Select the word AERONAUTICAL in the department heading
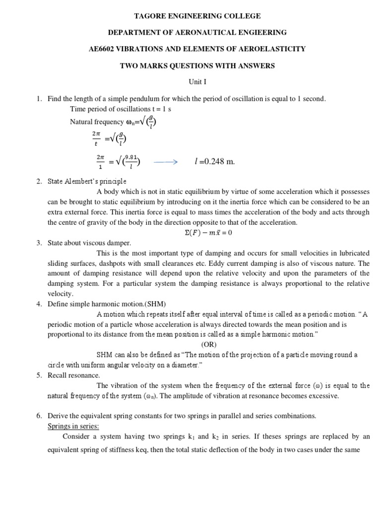tap(193, 32)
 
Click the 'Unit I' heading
tap(190, 81)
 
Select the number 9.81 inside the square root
tap(130, 158)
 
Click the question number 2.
tap(39, 181)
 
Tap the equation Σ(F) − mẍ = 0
tap(205, 232)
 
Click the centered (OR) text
tap(209, 344)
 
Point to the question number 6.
tap(39, 416)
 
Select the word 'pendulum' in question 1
tap(143, 99)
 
